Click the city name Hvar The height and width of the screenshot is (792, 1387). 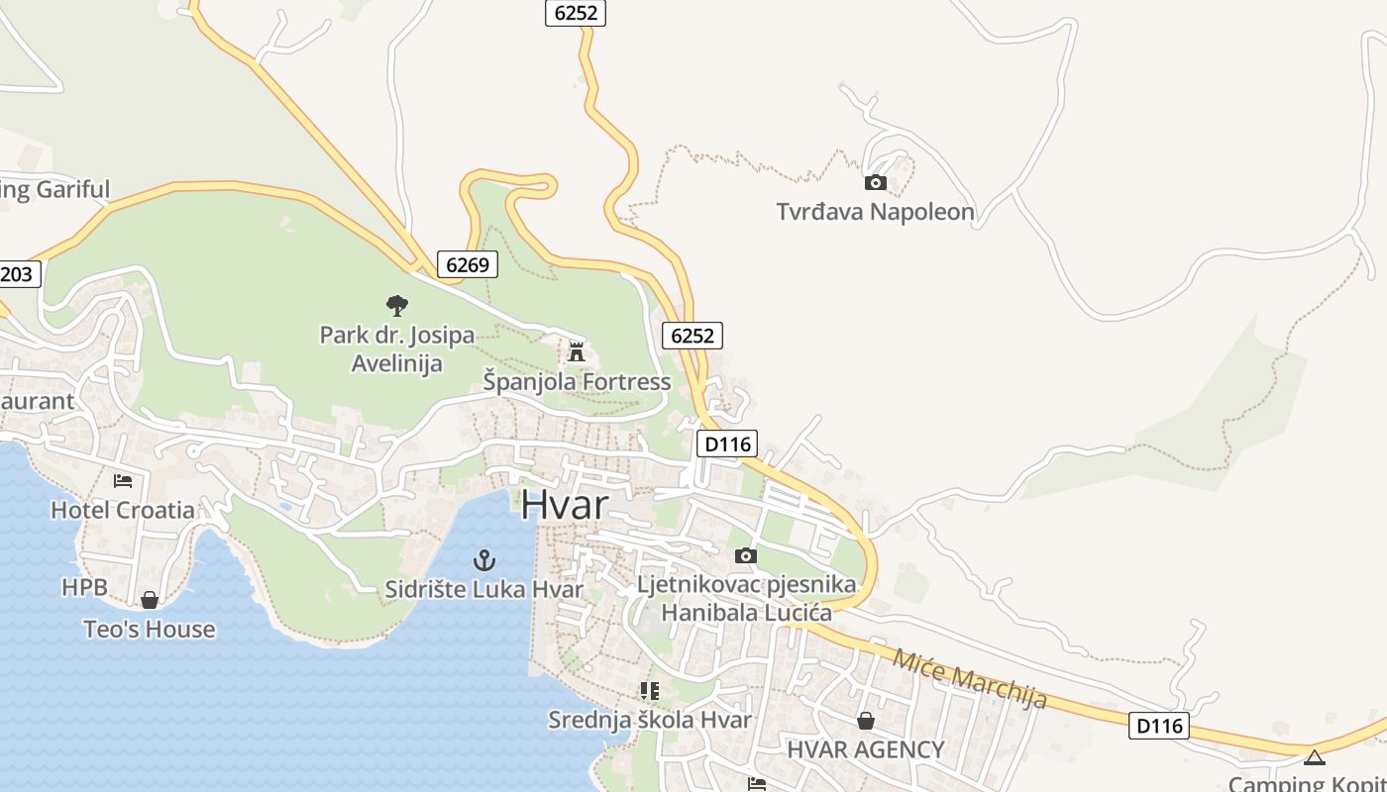[565, 505]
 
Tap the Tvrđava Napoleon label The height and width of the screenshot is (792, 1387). [875, 212]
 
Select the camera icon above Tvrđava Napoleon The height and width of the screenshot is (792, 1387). [875, 182]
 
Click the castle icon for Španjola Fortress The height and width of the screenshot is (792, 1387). [576, 351]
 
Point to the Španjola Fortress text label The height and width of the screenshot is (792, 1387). [577, 381]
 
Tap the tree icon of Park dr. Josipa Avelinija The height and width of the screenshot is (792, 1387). [397, 305]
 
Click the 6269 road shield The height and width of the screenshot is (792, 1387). [467, 264]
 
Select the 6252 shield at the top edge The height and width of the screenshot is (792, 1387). [575, 13]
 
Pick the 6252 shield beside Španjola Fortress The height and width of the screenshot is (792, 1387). [692, 336]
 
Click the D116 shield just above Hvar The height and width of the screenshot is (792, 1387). [728, 444]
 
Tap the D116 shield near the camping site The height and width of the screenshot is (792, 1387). [1158, 726]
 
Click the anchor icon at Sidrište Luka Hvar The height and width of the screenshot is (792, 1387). [483, 560]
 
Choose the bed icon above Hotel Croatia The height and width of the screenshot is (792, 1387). [123, 481]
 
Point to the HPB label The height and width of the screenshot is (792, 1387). [84, 587]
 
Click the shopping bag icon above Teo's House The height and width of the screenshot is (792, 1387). [149, 600]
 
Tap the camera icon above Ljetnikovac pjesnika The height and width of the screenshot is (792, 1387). [745, 555]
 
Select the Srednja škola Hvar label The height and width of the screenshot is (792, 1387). [650, 720]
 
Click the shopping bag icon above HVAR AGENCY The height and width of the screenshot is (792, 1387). [865, 721]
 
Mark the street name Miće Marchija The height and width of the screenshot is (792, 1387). [969, 678]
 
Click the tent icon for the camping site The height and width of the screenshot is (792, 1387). [1314, 758]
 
